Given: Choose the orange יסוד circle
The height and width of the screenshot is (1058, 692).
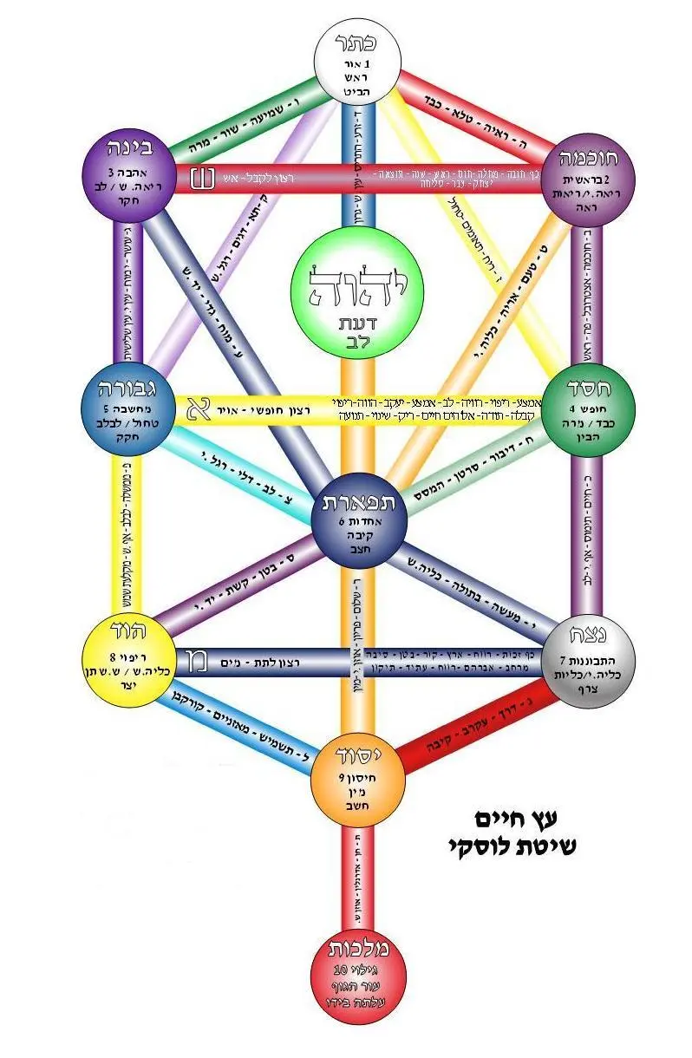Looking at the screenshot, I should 357,776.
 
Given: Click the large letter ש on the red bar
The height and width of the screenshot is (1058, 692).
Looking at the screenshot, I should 202,179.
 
